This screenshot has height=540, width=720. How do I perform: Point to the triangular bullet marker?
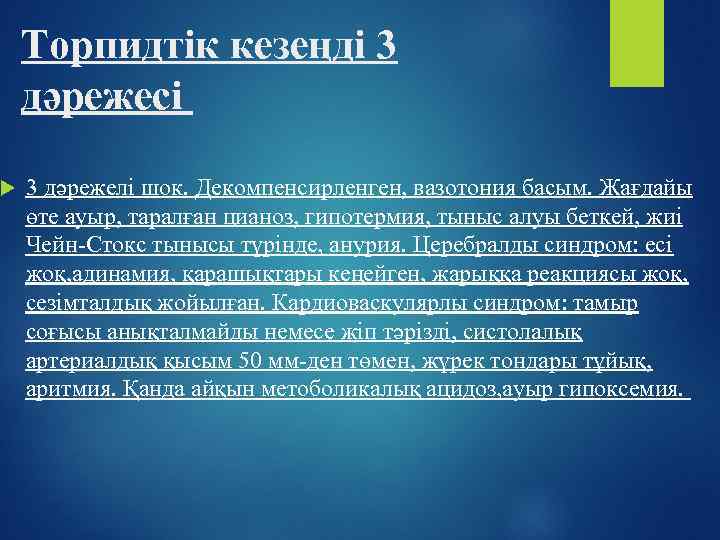click(9, 187)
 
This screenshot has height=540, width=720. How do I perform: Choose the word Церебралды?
click(479, 245)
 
